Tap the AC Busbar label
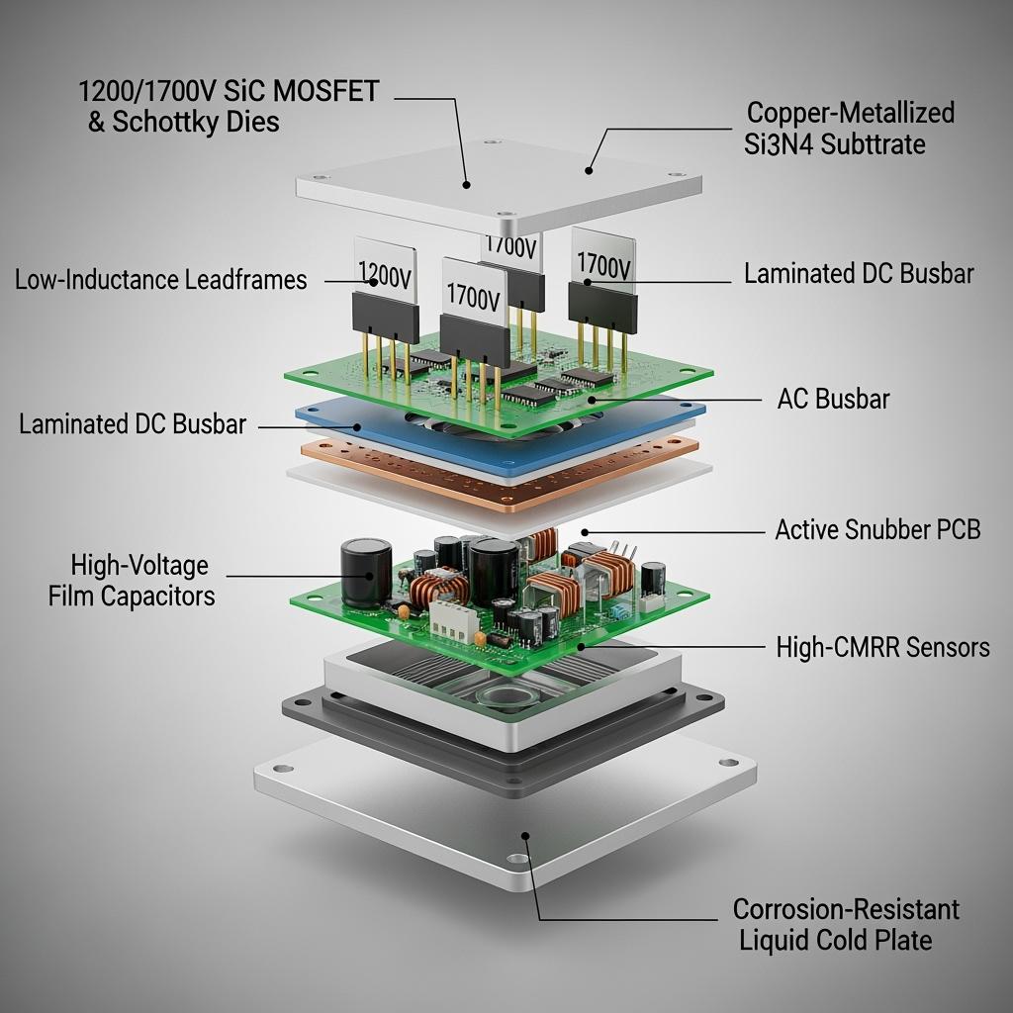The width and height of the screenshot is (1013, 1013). tap(833, 400)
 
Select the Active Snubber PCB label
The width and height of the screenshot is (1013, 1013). tap(877, 529)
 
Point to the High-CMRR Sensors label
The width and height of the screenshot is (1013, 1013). tap(882, 648)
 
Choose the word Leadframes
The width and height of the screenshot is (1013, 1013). tap(246, 280)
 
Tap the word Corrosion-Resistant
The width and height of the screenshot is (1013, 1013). tap(846, 909)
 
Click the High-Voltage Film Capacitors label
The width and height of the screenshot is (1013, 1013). tap(134, 581)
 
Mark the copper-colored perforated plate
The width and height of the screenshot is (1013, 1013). tap(554, 473)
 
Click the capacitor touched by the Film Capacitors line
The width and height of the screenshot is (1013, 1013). tap(365, 572)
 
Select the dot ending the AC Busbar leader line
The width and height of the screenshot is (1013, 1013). tap(593, 400)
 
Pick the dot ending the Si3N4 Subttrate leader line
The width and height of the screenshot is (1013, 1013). tap(589, 170)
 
